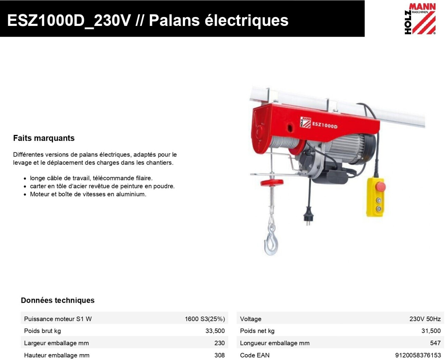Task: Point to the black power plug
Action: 307,216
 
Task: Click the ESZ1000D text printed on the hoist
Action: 325,125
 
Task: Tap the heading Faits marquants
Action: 44,138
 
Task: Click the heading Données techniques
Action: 58,300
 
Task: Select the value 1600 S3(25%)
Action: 205,319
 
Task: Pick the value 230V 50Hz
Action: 425,319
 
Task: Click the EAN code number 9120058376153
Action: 418,355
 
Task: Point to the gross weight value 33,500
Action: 215,331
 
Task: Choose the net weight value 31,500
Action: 431,331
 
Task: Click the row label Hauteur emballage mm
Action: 57,355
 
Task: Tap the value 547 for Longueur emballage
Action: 435,343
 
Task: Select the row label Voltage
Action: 250,319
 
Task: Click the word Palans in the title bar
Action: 174,20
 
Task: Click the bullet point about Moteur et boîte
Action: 88,194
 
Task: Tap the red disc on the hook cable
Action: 272,183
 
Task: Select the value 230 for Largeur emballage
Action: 220,343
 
